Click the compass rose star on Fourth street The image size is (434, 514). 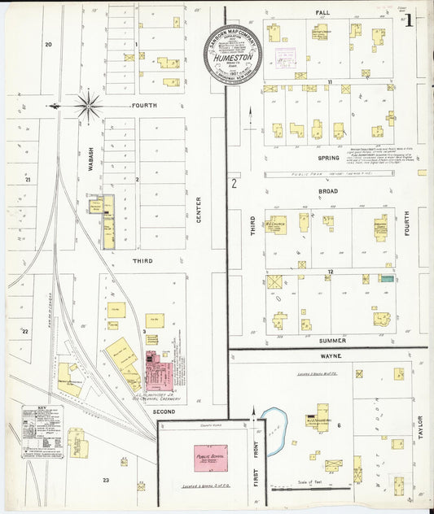87,105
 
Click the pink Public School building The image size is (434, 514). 210,458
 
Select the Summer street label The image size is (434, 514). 332,340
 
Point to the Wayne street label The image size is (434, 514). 331,355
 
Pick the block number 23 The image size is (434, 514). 106,481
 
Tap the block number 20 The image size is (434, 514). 48,44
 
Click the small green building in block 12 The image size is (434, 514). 388,279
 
